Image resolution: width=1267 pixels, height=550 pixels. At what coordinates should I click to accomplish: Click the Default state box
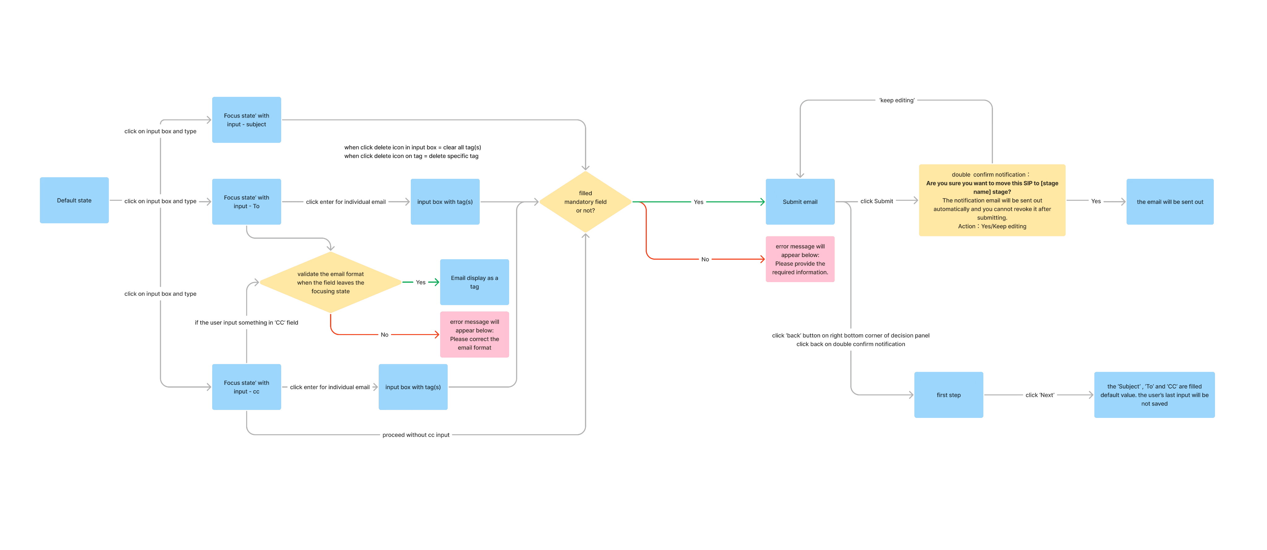74,200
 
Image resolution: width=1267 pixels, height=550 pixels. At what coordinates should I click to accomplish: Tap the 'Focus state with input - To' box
247,202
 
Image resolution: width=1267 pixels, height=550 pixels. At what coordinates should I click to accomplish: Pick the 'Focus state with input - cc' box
247,387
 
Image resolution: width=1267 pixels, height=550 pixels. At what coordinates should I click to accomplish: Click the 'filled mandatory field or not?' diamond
585,202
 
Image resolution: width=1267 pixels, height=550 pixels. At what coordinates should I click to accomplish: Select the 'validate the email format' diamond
331,282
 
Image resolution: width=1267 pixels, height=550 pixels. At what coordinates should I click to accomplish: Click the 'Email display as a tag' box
474,282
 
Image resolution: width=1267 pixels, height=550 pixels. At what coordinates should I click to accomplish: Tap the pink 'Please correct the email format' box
474,334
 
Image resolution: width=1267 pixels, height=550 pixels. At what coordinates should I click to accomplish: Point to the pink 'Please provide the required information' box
800,259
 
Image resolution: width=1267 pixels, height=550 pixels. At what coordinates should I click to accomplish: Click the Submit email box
800,202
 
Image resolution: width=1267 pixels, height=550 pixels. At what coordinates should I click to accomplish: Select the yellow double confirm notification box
992,200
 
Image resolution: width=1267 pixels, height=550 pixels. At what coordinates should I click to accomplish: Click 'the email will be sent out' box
1170,202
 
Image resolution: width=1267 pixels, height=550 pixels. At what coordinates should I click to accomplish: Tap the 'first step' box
949,395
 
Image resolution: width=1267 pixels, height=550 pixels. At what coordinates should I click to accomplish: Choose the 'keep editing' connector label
897,100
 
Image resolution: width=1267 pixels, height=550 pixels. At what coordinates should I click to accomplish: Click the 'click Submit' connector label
876,201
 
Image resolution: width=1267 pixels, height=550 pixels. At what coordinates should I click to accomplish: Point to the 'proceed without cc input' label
416,435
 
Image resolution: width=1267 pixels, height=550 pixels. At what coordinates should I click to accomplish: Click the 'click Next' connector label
1040,395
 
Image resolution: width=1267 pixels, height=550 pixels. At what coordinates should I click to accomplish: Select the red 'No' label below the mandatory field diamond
705,259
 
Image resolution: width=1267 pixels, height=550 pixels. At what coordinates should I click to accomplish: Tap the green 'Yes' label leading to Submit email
698,202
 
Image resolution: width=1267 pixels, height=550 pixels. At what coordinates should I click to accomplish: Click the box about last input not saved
1154,395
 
